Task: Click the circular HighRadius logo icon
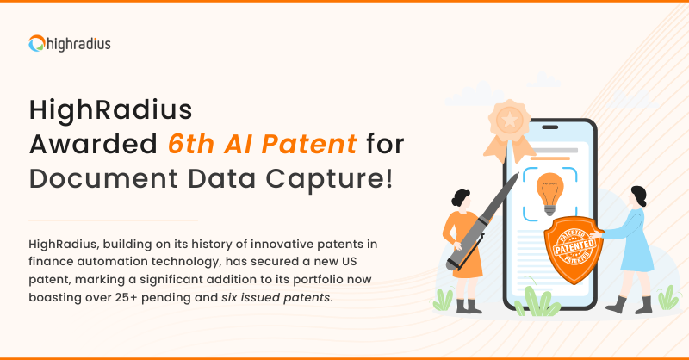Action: point(37,43)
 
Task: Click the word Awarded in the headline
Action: point(93,144)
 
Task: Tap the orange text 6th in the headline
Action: point(191,144)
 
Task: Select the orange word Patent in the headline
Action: point(309,144)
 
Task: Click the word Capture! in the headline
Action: point(329,180)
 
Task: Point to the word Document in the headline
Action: point(103,178)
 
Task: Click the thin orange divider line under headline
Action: point(114,220)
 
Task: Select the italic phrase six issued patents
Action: point(276,298)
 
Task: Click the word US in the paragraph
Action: point(349,262)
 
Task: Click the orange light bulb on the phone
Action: point(549,194)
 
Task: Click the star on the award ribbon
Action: point(510,120)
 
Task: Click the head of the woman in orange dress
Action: point(461,199)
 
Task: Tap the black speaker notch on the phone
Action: point(549,127)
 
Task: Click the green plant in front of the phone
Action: point(537,302)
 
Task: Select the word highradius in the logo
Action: point(78,44)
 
